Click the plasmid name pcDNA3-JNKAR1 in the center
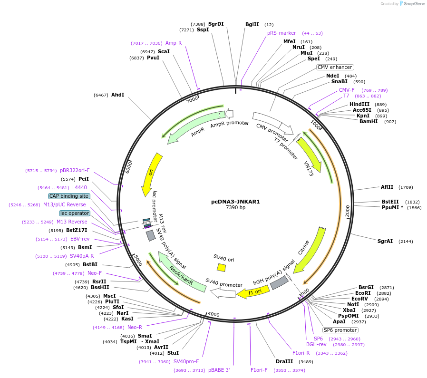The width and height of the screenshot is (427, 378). (235, 201)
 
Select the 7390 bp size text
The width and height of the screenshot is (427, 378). (235, 207)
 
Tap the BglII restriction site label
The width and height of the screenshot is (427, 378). (252, 24)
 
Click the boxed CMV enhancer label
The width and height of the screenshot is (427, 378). (335, 67)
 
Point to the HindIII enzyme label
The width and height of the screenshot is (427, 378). (359, 104)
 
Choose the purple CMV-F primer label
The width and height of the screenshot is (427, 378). (347, 90)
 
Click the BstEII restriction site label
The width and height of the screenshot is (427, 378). (390, 202)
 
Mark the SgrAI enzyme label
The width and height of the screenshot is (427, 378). (385, 241)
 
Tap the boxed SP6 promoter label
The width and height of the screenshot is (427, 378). (340, 330)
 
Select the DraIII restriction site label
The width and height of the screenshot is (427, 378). (284, 361)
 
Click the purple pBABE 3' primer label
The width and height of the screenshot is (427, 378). (219, 370)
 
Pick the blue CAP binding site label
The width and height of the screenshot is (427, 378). (68, 196)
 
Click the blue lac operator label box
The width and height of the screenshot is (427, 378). (74, 213)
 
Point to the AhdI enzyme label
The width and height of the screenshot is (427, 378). (117, 95)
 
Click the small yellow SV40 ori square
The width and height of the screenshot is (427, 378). (221, 268)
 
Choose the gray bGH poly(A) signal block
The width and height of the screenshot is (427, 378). (279, 283)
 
